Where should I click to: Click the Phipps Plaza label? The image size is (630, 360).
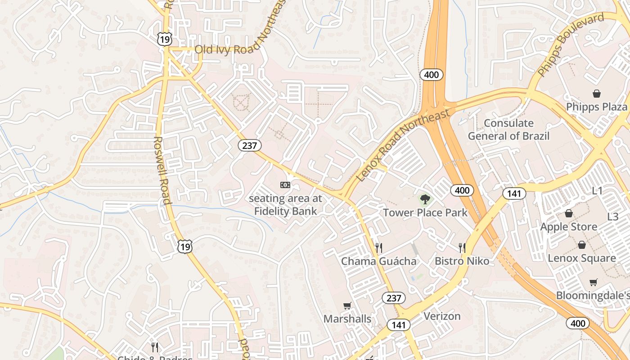coord(596,107)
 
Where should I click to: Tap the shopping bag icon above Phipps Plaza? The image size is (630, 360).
coord(596,94)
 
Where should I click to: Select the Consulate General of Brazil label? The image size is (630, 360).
coord(508,129)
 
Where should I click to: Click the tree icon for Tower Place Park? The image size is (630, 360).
coord(424,199)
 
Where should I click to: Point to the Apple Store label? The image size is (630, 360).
coord(569,226)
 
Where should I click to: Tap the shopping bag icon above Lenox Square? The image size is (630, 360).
coord(581,245)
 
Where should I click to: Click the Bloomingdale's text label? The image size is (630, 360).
coord(592,295)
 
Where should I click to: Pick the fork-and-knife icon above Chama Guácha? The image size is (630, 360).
coord(378,247)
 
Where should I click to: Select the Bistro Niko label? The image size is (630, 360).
coord(462,261)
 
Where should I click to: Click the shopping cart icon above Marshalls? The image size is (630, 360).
coord(347,306)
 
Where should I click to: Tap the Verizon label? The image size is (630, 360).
coord(442,316)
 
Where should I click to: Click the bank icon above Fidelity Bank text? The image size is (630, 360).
coord(285,185)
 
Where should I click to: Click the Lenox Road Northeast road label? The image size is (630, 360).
coord(403,145)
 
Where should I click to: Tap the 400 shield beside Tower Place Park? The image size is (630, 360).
coord(462,190)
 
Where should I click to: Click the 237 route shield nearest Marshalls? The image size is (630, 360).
coord(393,297)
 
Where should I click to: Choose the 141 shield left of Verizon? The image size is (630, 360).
coord(398,325)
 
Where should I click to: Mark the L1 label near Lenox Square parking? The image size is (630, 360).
coord(597,190)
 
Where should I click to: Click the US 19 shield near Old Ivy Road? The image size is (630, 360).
coord(164,40)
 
